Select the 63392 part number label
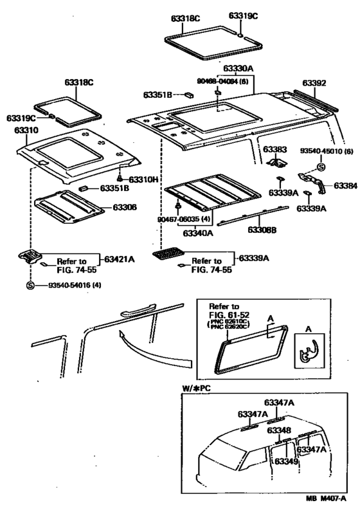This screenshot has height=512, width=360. coord(315,83)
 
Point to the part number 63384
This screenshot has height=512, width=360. coord(345,186)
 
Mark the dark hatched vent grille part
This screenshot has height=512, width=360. coord(167,256)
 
